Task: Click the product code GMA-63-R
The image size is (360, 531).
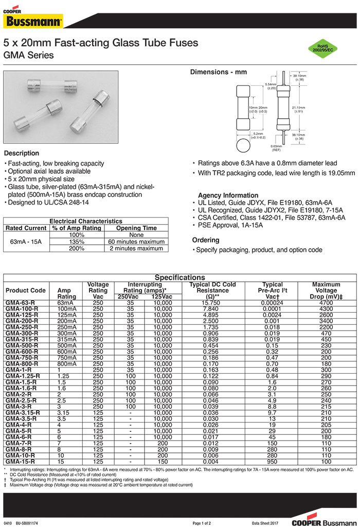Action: click(x=20, y=303)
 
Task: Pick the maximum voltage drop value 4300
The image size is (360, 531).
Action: click(x=326, y=308)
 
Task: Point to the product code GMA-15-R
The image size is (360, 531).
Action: click(x=20, y=462)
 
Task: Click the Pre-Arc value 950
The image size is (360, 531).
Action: click(x=272, y=462)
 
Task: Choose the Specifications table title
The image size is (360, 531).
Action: click(x=179, y=278)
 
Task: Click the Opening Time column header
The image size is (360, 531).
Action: click(x=136, y=228)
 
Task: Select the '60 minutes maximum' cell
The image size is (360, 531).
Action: click(x=136, y=242)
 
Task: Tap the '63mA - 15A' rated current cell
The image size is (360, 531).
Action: click(x=26, y=242)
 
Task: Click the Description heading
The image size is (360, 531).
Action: click(x=22, y=153)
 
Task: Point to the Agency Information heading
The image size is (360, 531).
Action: click(x=228, y=195)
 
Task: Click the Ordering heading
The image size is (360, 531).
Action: click(x=206, y=240)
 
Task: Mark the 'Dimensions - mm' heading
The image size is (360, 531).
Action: click(x=219, y=72)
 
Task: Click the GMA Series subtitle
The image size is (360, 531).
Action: click(x=28, y=54)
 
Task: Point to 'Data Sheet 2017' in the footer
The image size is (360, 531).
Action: click(x=267, y=523)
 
